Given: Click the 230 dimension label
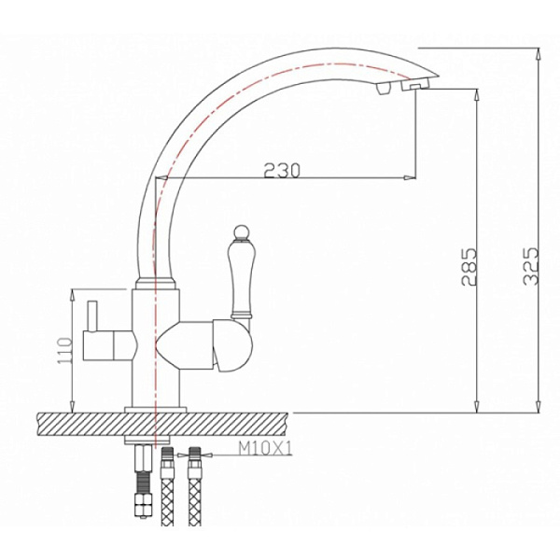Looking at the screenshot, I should tap(281, 169).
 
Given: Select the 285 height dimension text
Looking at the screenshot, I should tap(469, 267).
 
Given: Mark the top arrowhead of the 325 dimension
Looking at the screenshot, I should tap(539, 52).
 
